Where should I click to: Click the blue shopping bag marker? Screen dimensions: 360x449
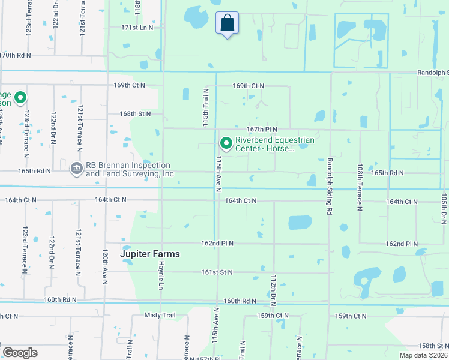[227, 24]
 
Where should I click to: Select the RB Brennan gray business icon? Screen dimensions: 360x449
[76, 169]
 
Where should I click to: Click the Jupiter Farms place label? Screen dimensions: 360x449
[149, 254]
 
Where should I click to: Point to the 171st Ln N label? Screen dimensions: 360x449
[137, 28]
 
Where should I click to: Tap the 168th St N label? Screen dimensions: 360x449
[134, 113]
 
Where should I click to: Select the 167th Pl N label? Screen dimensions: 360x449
[262, 129]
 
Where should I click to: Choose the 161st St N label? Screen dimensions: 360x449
[217, 272]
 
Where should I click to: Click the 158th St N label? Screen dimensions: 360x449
[433, 346]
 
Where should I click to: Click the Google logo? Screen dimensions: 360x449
[20, 353]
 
